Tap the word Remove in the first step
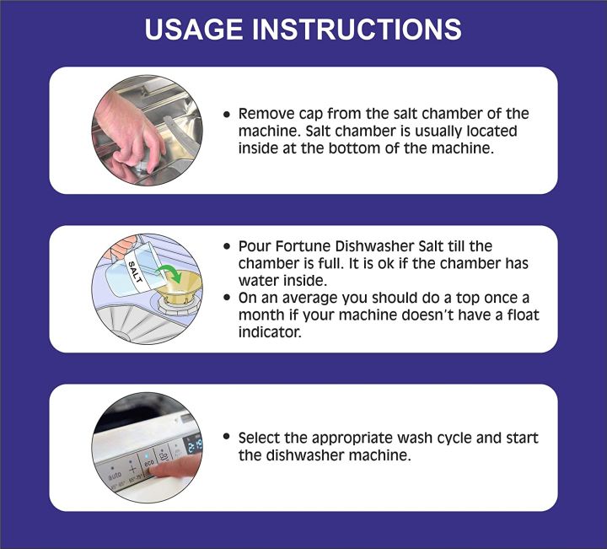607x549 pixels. pos(266,114)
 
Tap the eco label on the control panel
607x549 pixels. pos(148,461)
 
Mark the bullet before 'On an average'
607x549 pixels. pos(227,299)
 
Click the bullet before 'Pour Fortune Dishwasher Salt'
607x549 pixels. pos(227,246)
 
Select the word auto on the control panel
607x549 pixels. pos(114,476)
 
